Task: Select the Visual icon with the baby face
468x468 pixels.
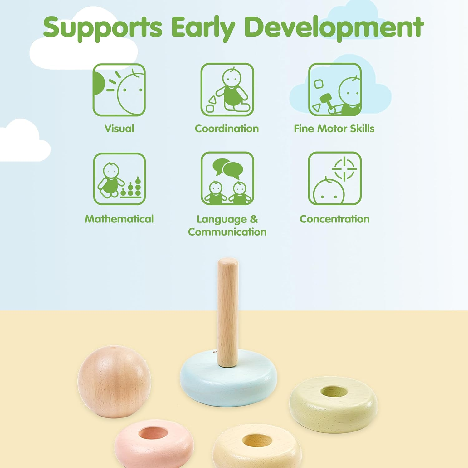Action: [119, 90]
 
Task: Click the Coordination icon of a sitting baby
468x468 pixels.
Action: [227, 90]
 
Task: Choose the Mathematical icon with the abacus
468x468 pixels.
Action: [119, 179]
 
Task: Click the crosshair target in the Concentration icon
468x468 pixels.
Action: [344, 169]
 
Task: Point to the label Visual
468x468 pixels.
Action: [119, 129]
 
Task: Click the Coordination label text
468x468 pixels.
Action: [227, 129]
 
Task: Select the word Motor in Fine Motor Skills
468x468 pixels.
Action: [332, 129]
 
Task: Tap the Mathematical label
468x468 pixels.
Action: [119, 219]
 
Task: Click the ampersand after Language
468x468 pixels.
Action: [254, 219]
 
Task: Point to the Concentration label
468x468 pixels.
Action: [334, 219]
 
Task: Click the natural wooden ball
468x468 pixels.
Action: [114, 381]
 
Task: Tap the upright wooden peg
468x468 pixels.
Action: [227, 312]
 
